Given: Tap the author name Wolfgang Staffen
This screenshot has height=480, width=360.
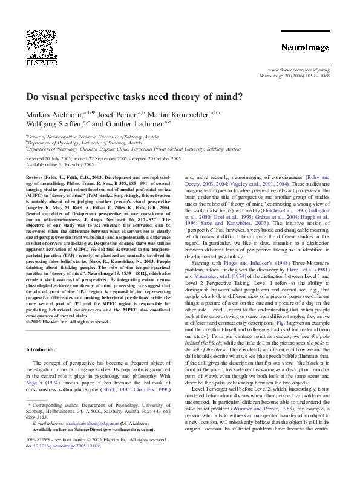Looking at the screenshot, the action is coord(50,124).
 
